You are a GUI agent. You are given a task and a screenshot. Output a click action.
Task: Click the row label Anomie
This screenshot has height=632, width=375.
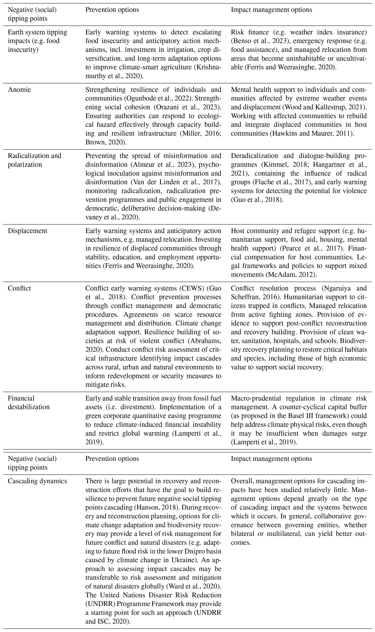[19, 90]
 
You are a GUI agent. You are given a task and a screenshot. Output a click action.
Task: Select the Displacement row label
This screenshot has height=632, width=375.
[28, 231]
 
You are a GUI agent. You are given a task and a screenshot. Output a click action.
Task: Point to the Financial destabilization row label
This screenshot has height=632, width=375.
[28, 402]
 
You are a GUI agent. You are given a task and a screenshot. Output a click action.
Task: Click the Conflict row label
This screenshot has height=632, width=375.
[19, 288]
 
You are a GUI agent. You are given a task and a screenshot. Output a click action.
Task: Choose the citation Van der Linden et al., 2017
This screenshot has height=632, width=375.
[174, 182]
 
